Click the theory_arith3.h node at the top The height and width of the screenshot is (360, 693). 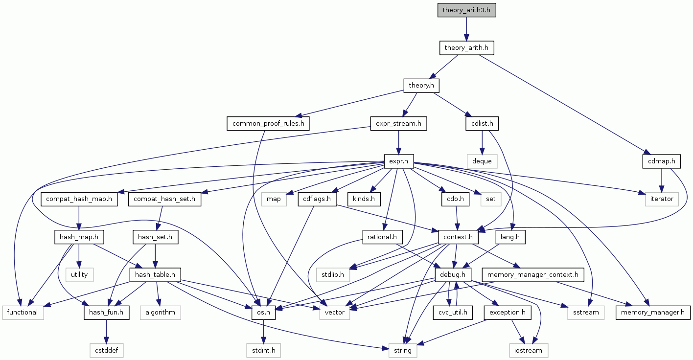467,10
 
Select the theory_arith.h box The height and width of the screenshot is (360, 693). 466,48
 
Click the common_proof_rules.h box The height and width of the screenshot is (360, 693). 268,124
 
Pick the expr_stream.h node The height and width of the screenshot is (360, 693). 398,124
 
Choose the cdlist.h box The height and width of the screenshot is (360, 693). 482,124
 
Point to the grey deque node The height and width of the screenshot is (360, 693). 482,160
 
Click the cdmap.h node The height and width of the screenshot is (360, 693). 662,160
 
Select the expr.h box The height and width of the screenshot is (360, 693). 398,160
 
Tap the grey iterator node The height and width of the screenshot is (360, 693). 662,199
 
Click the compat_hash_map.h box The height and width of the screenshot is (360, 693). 79,199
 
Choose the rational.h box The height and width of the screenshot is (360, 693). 382,237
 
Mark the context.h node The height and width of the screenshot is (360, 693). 458,237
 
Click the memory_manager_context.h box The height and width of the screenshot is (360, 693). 532,275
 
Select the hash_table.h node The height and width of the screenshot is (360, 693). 155,275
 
